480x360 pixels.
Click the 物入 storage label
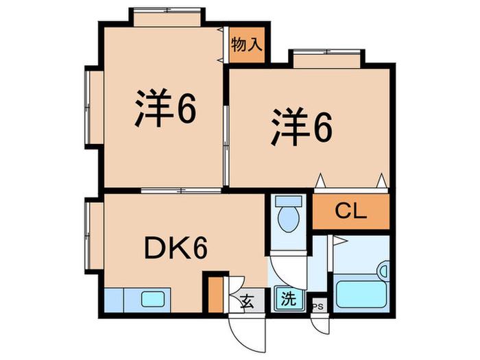[247, 45]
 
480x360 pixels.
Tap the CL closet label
[351, 211]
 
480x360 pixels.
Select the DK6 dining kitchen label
[176, 248]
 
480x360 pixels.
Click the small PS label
[318, 307]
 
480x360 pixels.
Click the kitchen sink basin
[153, 299]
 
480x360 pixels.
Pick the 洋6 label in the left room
[165, 108]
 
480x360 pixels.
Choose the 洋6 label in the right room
[302, 127]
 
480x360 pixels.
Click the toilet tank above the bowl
[289, 201]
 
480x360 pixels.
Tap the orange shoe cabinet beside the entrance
[215, 294]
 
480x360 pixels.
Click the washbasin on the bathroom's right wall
[384, 271]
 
